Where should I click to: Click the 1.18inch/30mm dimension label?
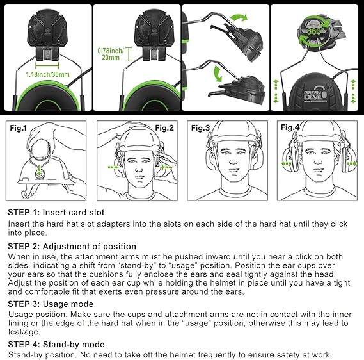coord(47,74)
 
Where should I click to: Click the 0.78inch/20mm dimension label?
coord(111,54)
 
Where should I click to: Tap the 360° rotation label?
coord(315,31)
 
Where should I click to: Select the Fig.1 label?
coord(19,128)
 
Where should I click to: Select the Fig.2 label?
coord(164,128)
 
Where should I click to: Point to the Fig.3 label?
coord(200,128)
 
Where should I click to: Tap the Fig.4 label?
coord(290,127)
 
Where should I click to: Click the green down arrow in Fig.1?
coord(40,170)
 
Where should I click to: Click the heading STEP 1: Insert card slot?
coord(56,213)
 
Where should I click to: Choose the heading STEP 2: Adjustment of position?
coord(72,247)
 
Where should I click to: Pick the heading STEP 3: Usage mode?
coord(51,304)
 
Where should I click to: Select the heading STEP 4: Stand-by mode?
coord(56,344)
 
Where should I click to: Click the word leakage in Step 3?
coord(24,332)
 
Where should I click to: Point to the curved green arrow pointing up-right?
coord(239,18)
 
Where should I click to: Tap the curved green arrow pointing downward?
coord(218,74)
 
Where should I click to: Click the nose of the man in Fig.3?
coord(231,161)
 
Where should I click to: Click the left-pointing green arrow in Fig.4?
coord(286,163)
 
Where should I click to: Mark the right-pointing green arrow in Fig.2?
coord(113,167)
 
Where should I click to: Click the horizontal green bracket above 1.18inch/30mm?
coord(47,65)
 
